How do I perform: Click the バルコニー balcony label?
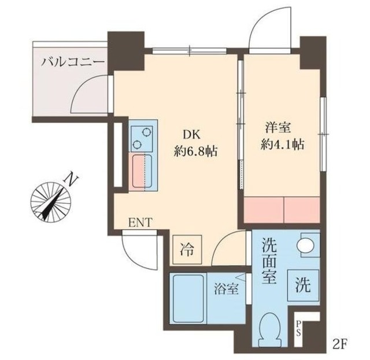(x=72, y=61)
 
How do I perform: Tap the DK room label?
(x=191, y=135)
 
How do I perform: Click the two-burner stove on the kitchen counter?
(x=142, y=138)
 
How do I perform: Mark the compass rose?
(x=50, y=202)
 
